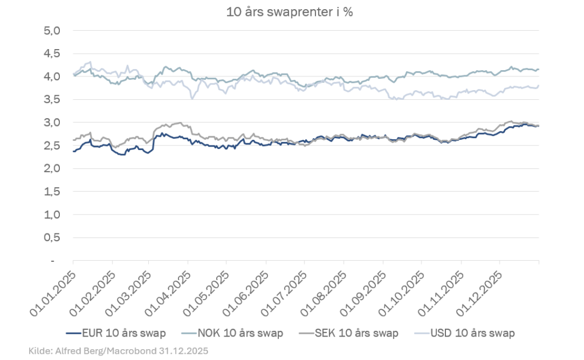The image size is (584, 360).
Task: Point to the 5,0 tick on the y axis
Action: click(52, 30)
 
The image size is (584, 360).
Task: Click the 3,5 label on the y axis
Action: click(52, 99)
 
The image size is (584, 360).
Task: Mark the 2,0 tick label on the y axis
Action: click(52, 168)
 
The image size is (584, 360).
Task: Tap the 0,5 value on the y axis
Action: click(52, 237)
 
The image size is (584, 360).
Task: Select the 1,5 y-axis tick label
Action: click(52, 192)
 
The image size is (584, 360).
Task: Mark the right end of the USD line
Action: click(538, 86)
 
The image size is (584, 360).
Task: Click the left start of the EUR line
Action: click(74, 151)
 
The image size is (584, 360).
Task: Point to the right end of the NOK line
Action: click(538, 69)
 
